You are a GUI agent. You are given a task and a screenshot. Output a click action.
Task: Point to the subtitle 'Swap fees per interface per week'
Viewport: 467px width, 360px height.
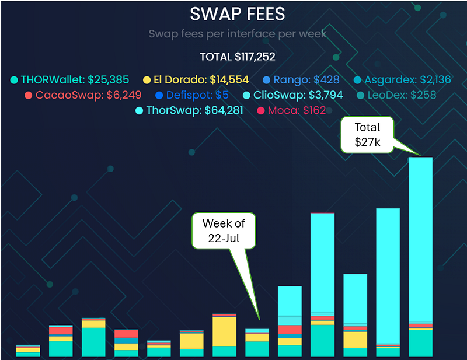(237, 34)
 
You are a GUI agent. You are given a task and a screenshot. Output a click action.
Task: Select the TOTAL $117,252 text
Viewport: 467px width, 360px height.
(238, 57)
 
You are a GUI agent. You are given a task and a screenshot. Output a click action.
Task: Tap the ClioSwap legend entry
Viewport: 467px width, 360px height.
(292, 95)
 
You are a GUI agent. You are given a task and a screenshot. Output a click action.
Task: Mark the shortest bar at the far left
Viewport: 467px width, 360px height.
(28, 351)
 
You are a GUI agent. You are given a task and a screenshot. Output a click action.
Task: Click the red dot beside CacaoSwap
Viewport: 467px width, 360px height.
(29, 95)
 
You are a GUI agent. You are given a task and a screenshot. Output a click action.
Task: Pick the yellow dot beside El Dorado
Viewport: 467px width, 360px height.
(148, 79)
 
